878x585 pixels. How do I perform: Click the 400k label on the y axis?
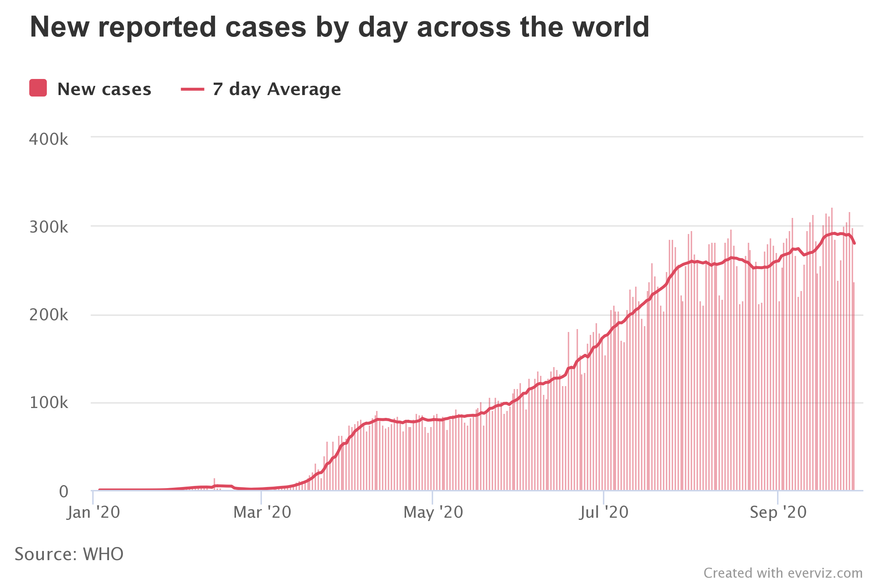49,140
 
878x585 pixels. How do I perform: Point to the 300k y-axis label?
49,227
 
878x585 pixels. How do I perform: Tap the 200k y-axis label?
49,315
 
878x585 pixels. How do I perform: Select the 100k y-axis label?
49,403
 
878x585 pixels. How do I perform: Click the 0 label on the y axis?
63,492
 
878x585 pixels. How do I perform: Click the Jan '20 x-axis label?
93,513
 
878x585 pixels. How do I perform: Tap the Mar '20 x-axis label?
262,513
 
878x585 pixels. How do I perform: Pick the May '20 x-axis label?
433,513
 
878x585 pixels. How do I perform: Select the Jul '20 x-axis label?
604,513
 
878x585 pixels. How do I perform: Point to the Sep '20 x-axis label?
778,513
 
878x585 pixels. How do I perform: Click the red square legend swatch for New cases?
38,88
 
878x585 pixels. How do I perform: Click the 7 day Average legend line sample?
192,89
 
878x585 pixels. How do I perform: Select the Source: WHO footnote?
69,554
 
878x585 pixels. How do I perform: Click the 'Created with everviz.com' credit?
783,573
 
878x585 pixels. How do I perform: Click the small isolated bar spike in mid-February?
214,483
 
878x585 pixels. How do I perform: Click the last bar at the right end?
854,386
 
